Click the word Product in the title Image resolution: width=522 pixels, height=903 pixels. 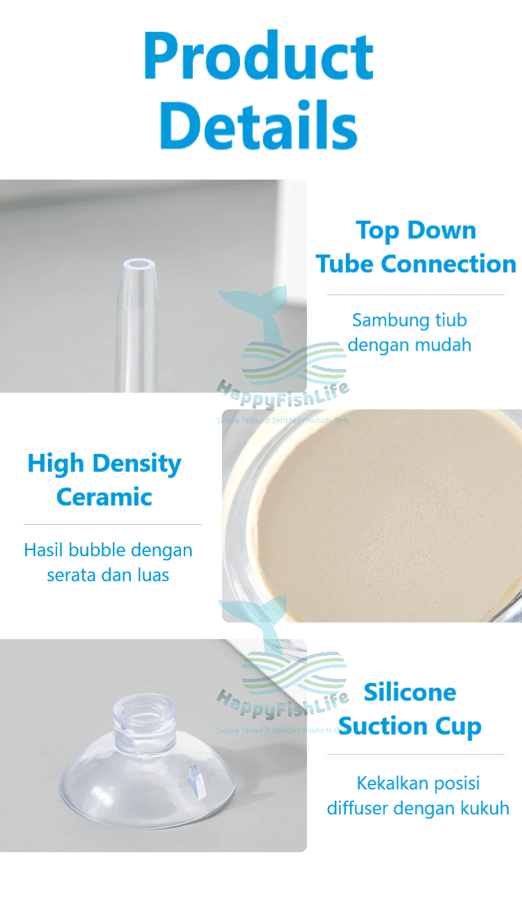pos(258,56)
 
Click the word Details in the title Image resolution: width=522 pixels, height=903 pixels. pos(258,125)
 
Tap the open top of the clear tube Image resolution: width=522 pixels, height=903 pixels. pos(139,265)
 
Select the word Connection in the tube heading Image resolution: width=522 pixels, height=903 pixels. pos(448,264)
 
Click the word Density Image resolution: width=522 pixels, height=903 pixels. pos(136,464)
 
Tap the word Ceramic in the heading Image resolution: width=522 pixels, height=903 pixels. pos(104,496)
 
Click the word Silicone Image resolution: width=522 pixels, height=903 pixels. pos(410,693)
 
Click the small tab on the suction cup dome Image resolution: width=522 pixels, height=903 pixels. pos(198,781)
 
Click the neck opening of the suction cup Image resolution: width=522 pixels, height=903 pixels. pos(144,711)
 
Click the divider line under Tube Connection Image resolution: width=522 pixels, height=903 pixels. pos(416,295)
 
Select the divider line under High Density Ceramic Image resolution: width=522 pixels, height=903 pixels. pos(113,524)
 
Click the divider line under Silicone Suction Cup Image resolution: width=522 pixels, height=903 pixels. pos(416,754)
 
